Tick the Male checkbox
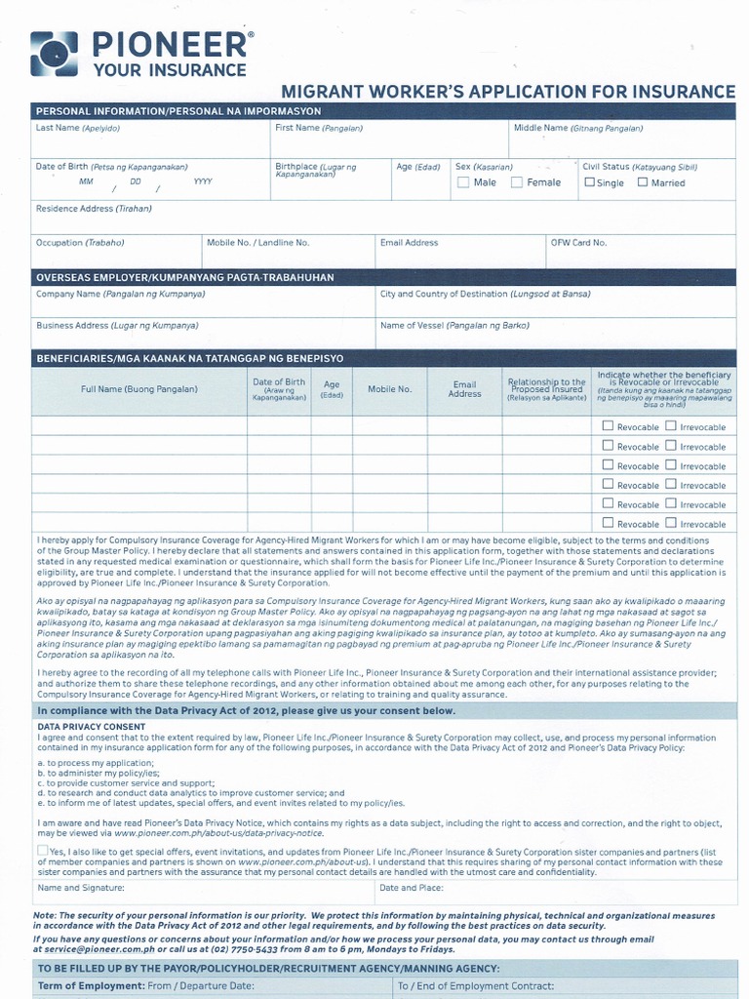click(463, 182)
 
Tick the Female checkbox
click(517, 182)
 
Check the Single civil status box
click(589, 181)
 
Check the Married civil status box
click(643, 181)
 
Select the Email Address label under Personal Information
click(409, 242)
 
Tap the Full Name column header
click(138, 389)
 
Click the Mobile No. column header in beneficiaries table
click(389, 389)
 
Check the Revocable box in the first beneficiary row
click(608, 426)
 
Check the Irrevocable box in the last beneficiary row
click(671, 523)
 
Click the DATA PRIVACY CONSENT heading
click(91, 727)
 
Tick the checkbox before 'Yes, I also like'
click(42, 851)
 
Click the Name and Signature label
click(81, 888)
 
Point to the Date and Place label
click(412, 888)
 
